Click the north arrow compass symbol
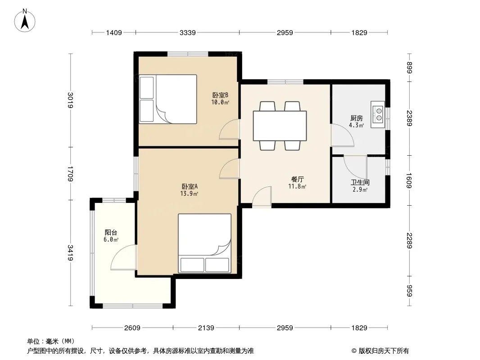(25, 21)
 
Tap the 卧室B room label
(220, 95)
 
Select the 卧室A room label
(190, 186)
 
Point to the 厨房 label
(357, 118)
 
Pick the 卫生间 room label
(360, 183)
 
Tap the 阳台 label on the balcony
(111, 233)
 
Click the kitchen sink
(378, 114)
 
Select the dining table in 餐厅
(280, 126)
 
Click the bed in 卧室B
(168, 99)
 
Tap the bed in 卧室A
(204, 243)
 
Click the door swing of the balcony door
(123, 257)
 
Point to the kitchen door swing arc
(343, 135)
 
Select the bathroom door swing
(355, 167)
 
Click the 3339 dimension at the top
(187, 32)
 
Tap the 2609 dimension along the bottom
(132, 328)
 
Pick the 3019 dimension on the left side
(71, 100)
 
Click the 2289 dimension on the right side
(410, 240)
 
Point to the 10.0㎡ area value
(220, 102)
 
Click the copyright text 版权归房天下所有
(383, 351)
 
